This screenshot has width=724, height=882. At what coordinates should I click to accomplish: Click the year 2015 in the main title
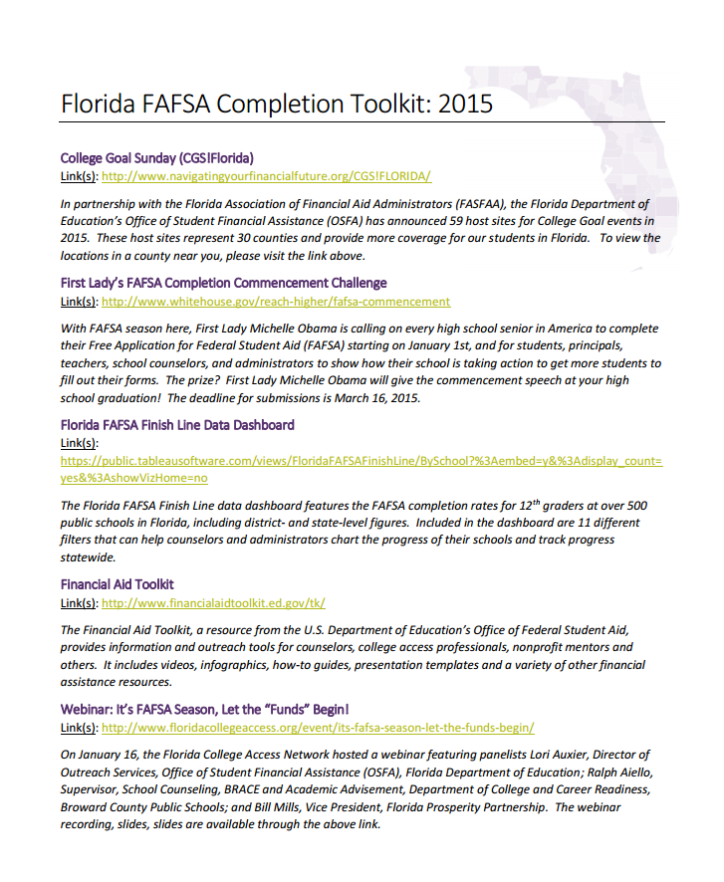coord(465,104)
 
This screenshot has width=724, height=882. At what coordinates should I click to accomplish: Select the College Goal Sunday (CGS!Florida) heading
coord(157,158)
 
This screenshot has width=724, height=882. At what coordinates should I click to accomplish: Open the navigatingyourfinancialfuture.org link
coord(266,176)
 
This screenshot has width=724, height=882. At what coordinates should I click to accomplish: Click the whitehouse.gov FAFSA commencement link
coord(276,302)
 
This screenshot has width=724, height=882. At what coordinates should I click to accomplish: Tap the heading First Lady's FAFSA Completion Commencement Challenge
coord(223,284)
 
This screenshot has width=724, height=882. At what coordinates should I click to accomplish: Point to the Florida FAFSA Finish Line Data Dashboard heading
coord(177,425)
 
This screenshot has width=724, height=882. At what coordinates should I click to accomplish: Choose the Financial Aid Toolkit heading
coord(118,584)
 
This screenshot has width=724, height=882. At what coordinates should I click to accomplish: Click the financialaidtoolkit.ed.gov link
coord(213,603)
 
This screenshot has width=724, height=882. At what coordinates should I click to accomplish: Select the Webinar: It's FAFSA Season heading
coord(205,710)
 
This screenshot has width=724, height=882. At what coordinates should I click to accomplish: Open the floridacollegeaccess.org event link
coord(318,728)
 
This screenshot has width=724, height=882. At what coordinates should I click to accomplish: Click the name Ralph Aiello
coord(616,772)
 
